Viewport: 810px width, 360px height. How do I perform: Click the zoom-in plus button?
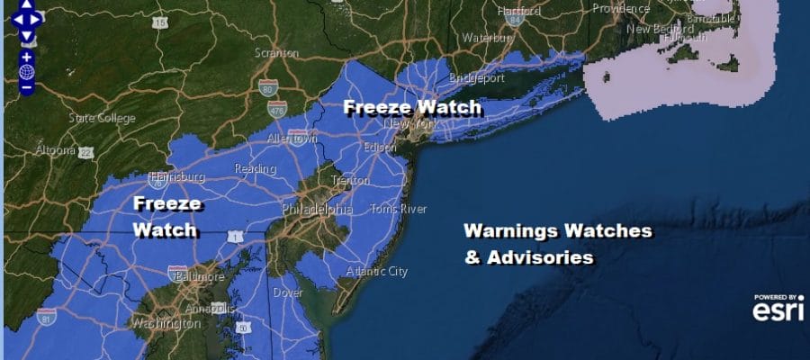[x=27, y=58]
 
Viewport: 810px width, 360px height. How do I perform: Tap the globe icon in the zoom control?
[x=27, y=72]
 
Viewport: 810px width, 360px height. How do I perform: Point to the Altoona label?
[x=53, y=150]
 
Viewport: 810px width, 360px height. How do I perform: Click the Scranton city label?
[x=276, y=53]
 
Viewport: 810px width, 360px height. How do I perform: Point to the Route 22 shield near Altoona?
[x=86, y=153]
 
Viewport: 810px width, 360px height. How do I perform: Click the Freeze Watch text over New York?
[x=412, y=107]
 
